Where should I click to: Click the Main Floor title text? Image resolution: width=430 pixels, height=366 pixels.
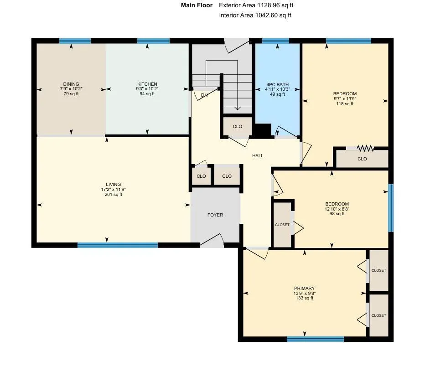[197, 5]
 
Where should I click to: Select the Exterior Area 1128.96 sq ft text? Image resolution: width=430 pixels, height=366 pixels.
[256, 5]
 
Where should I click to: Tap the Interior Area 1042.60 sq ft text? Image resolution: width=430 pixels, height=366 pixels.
[255, 15]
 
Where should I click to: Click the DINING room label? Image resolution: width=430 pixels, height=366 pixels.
[71, 84]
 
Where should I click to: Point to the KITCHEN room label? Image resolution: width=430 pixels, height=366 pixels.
[147, 84]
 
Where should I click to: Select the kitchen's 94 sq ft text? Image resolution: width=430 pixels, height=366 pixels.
[147, 94]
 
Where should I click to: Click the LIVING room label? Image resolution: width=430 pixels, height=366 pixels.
[113, 185]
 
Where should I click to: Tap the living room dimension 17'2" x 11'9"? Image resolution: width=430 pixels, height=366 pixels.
[113, 190]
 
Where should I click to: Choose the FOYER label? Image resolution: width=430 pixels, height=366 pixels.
[215, 215]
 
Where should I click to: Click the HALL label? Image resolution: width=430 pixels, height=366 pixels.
[258, 156]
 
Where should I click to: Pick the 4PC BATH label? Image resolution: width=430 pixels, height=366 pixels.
[278, 85]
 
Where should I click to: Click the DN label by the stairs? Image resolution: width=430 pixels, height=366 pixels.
[204, 95]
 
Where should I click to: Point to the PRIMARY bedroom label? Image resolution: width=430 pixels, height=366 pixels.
[305, 289]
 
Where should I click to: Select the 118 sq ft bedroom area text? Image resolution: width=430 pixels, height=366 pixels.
[345, 104]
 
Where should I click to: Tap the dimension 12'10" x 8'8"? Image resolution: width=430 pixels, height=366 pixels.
[337, 209]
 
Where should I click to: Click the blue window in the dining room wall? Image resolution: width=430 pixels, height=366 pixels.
[75, 41]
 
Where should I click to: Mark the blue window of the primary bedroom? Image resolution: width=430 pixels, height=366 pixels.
[316, 339]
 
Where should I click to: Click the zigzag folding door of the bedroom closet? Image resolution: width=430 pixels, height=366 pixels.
[365, 148]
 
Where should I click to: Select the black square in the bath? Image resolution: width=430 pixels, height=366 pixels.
[263, 130]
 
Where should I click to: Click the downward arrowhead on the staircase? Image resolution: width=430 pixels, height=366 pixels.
[238, 108]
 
